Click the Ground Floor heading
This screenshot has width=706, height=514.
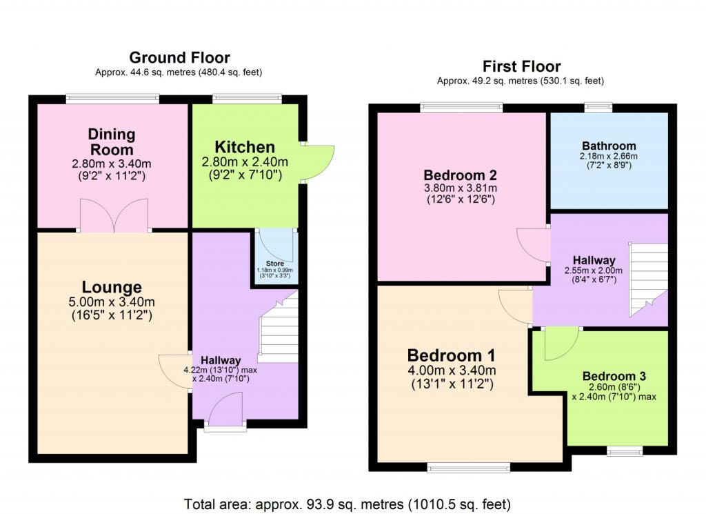(x=180, y=58)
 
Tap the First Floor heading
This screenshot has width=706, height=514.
(x=521, y=67)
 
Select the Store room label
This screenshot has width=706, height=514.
(x=274, y=264)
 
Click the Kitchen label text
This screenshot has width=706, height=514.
(x=245, y=148)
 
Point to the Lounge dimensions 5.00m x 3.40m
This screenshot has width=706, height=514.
(x=112, y=302)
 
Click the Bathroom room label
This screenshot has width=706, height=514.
(x=609, y=146)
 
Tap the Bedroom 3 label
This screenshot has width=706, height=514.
(x=614, y=376)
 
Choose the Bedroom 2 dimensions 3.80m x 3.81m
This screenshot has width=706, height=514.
(x=461, y=188)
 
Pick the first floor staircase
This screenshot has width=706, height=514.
(x=648, y=279)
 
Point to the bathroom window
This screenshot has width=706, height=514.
(x=598, y=107)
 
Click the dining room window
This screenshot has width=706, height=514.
(x=112, y=98)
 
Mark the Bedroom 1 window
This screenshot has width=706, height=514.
(x=469, y=468)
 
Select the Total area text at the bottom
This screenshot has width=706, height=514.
(x=347, y=504)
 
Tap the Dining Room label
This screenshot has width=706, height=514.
(x=111, y=142)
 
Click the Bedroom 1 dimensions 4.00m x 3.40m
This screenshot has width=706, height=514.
(x=452, y=370)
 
